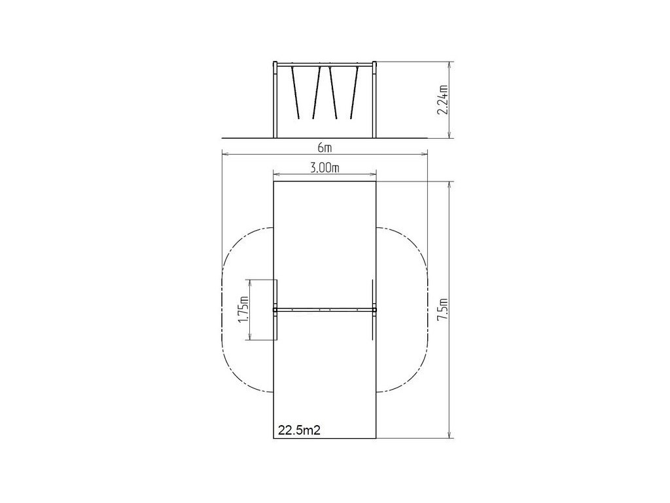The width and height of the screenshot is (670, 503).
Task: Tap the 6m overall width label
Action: click(x=325, y=148)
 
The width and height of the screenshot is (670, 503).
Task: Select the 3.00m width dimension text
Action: click(x=325, y=168)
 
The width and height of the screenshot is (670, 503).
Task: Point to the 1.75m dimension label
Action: click(x=243, y=310)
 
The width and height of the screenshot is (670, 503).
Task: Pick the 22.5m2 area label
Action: click(x=299, y=430)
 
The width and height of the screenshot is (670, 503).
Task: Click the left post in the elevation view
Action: click(x=275, y=100)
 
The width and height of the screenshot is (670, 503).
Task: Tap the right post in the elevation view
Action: click(x=375, y=100)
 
